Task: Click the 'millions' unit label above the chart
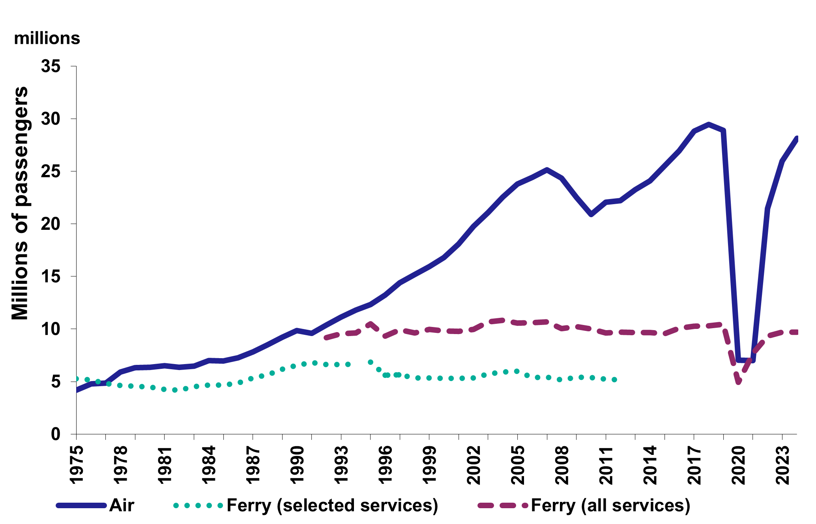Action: tap(47, 39)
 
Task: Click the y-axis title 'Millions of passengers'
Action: tap(20, 203)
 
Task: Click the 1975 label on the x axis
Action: tap(77, 466)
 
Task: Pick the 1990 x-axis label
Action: tap(297, 466)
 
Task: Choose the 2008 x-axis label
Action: tap(562, 466)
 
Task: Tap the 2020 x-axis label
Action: tap(738, 466)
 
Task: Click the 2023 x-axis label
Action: tap(782, 466)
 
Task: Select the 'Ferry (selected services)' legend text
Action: tap(332, 505)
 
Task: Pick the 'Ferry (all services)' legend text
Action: tap(610, 505)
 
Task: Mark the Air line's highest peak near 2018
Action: tap(709, 124)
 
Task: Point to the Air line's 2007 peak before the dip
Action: tap(547, 170)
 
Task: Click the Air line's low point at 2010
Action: tap(591, 214)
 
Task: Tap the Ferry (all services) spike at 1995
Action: tap(370, 323)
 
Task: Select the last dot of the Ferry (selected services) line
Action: tap(614, 379)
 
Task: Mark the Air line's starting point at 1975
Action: tap(77, 390)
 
